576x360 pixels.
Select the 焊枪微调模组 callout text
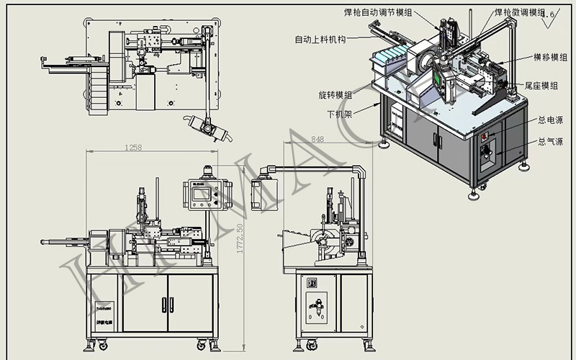coord(519,12)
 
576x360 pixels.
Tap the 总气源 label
coord(550,143)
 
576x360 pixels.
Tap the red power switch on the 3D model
coord(485,135)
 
